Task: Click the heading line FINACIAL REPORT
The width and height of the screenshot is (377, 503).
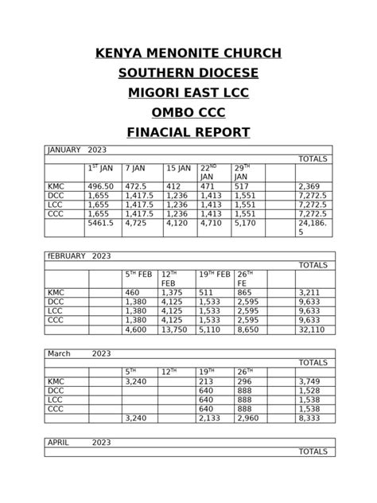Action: click(188, 131)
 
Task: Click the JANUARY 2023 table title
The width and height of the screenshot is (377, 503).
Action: click(77, 150)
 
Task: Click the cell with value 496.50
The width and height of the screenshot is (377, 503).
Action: click(101, 185)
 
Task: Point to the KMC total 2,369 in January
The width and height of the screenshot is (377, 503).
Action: click(310, 185)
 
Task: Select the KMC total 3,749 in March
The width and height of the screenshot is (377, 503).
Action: click(309, 381)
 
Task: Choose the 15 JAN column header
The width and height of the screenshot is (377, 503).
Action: click(178, 169)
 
